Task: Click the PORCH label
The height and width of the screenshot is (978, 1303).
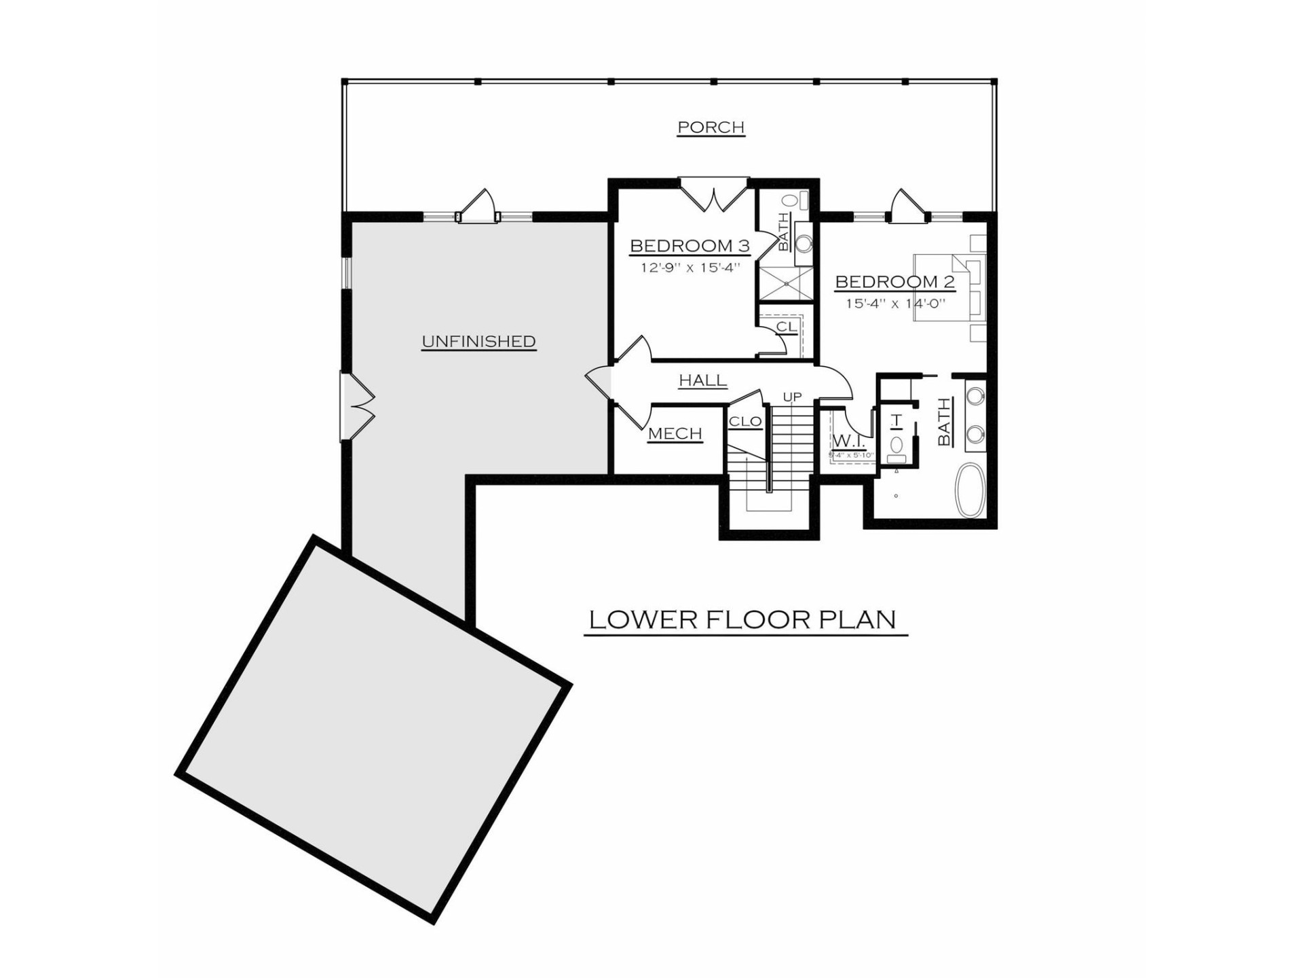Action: pos(711,127)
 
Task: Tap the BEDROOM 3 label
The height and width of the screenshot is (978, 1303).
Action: pos(690,245)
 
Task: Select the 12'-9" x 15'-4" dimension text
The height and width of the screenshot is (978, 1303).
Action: pos(690,268)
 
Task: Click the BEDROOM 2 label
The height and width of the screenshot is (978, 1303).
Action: pos(894,281)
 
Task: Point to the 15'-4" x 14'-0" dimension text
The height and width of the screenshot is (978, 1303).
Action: pos(894,304)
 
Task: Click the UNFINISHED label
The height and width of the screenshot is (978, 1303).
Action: pos(478,342)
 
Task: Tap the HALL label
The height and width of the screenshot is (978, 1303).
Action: pos(703,380)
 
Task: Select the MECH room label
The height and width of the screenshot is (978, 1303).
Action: pos(675,433)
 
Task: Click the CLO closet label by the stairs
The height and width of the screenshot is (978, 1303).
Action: pos(745,422)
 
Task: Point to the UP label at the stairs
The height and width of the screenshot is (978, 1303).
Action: pos(792,397)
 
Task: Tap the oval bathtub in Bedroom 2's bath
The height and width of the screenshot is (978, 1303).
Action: pos(970,490)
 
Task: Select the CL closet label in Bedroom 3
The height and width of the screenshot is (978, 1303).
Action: pos(785,327)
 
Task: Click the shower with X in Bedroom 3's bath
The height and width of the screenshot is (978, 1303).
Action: pos(785,283)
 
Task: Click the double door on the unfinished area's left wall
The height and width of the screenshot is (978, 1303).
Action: pos(357,407)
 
